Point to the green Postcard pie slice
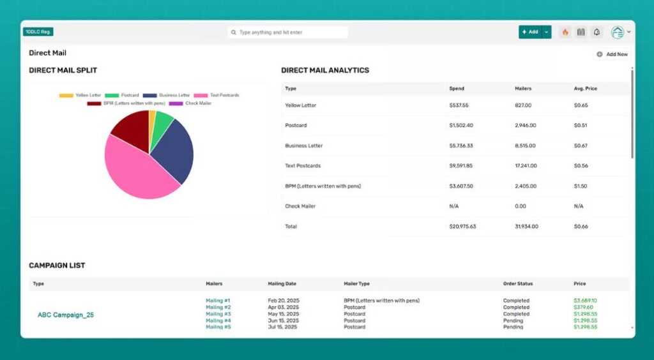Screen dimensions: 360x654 pyautogui.click(x=162, y=121)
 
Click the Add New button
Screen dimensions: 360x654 pyautogui.click(x=612, y=54)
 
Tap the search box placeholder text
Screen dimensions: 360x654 pyautogui.click(x=271, y=32)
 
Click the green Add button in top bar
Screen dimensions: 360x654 pyautogui.click(x=529, y=32)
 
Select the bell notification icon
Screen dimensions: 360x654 pyautogui.click(x=597, y=32)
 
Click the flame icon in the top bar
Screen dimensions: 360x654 pyautogui.click(x=565, y=32)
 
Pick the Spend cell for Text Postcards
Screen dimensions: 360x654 pyautogui.click(x=461, y=166)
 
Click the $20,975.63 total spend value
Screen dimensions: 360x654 pyautogui.click(x=463, y=227)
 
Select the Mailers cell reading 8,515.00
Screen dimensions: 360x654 pyautogui.click(x=526, y=146)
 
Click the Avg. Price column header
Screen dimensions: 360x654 pyautogui.click(x=585, y=88)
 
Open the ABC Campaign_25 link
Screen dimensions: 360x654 pyautogui.click(x=66, y=315)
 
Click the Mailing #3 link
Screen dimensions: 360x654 pyautogui.click(x=218, y=314)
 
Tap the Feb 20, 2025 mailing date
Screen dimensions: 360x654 pyautogui.click(x=284, y=300)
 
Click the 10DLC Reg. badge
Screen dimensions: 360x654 pyautogui.click(x=38, y=31)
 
